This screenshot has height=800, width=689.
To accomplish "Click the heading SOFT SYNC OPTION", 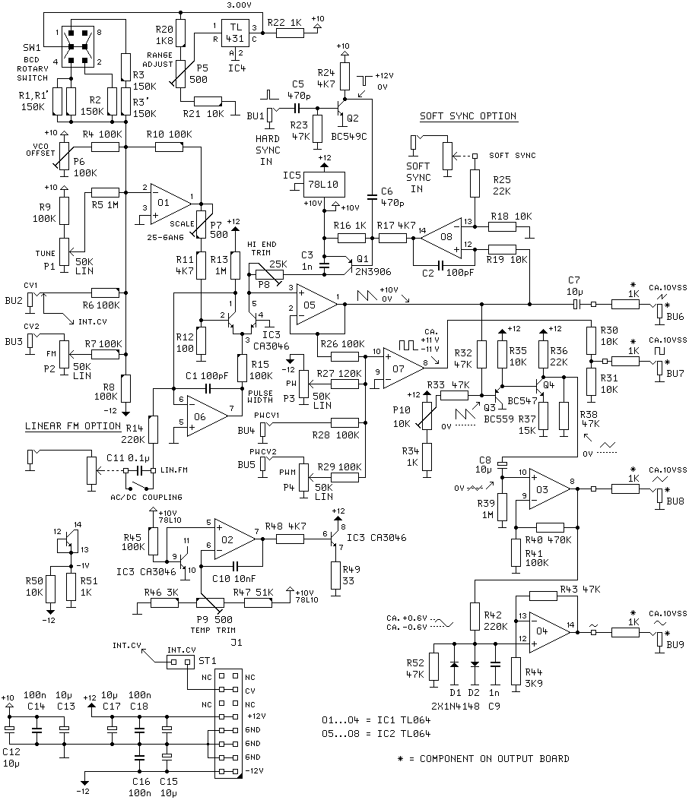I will click(468, 116).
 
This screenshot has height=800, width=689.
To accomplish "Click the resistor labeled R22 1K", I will click(289, 33).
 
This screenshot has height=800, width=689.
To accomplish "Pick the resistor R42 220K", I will click(475, 616).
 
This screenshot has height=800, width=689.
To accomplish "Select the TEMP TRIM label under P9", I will click(208, 630).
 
